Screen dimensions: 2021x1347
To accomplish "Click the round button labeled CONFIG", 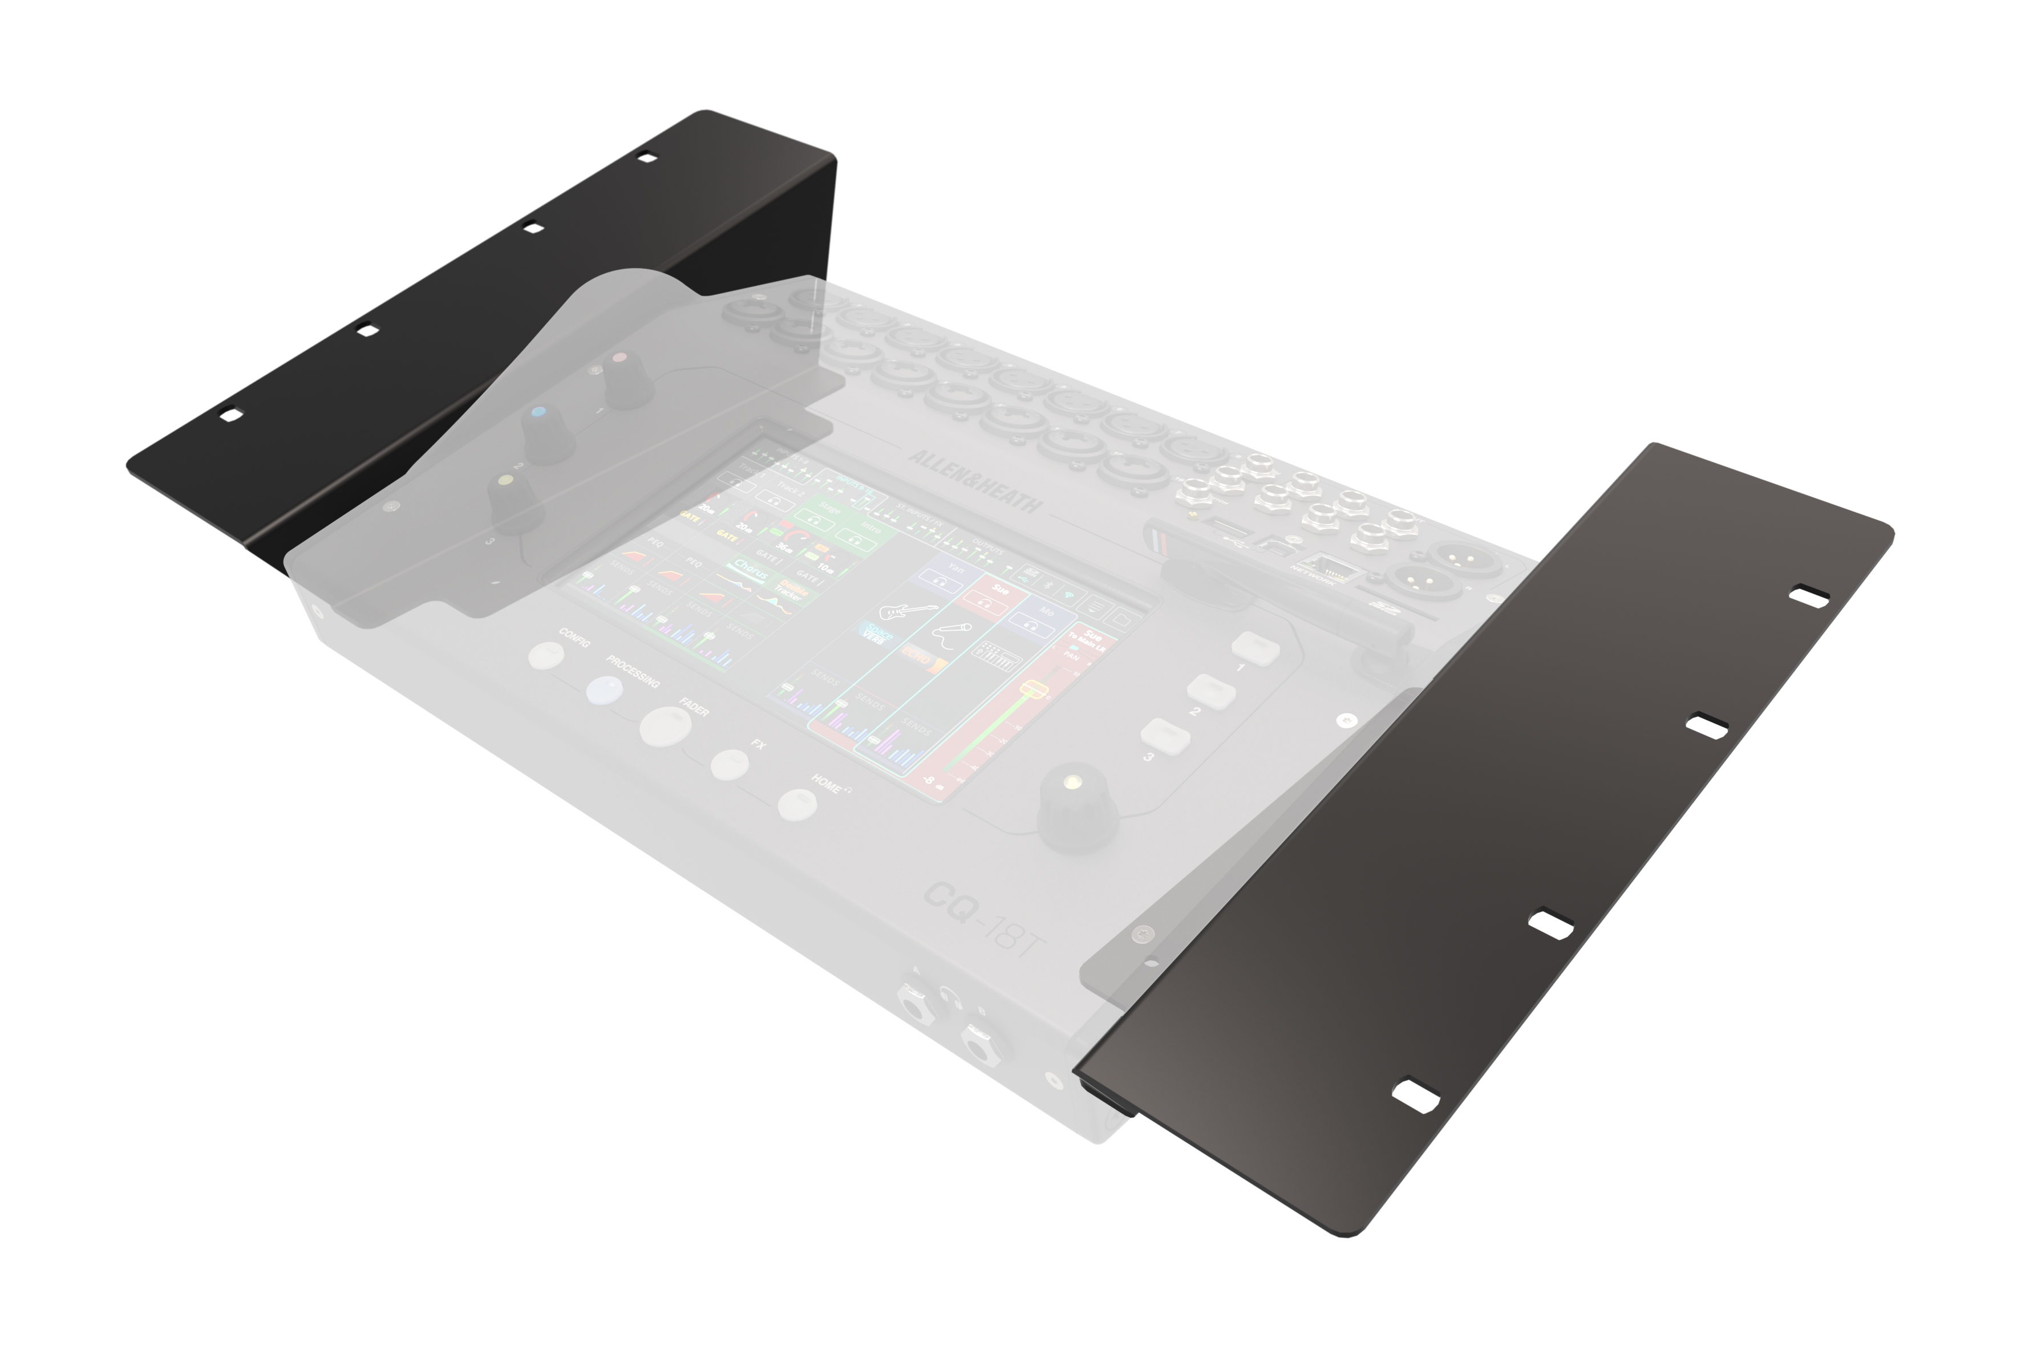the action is click(x=546, y=655).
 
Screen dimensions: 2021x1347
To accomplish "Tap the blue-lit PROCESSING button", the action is click(x=604, y=691).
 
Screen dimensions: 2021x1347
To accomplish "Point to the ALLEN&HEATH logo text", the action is click(x=975, y=482).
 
